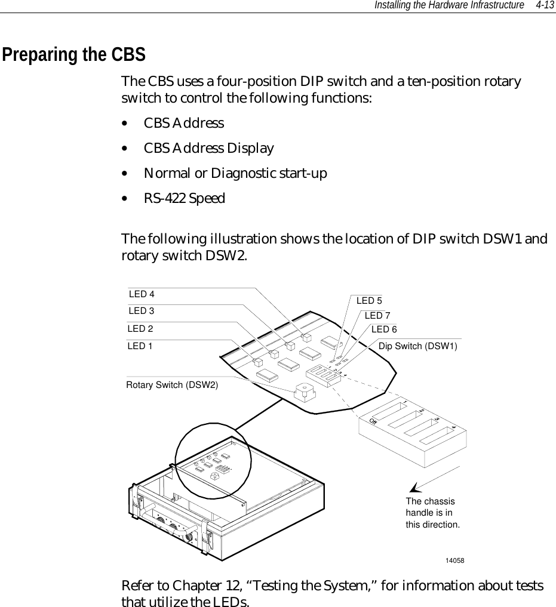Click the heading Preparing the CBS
pos(73,55)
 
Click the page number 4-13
pos(545,5)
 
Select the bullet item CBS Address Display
pos(208,148)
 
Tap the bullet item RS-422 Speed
pos(184,198)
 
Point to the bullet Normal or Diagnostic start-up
pos(235,173)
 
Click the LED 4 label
pos(142,294)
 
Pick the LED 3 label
pos(142,310)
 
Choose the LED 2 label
pos(140,328)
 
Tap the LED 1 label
pos(140,346)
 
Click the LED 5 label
pos(369,301)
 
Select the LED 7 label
pos(377,315)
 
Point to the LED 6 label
pos(384,329)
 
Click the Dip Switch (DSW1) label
pos(418,346)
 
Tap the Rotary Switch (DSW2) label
pos(172,384)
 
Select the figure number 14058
pos(455,560)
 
